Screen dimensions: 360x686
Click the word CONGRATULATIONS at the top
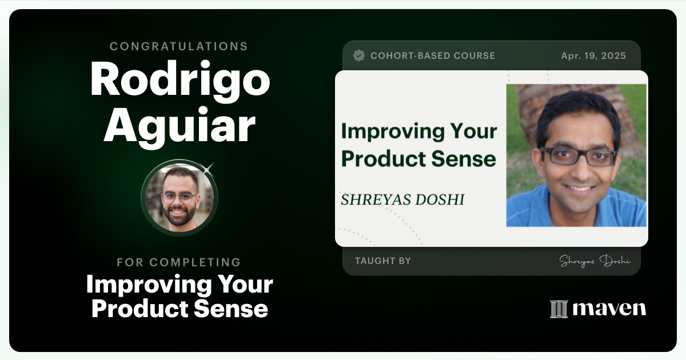[x=179, y=46]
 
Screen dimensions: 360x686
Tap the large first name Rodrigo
[x=180, y=79]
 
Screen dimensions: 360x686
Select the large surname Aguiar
[x=179, y=126]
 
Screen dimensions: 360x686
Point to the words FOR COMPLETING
[x=179, y=262]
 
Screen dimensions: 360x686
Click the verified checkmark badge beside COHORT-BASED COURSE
[x=359, y=55]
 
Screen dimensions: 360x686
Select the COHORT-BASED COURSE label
[x=432, y=56]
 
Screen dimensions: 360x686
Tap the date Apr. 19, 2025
[x=593, y=56]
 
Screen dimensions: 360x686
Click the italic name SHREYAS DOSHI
[x=402, y=199]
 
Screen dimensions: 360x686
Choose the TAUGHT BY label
[x=382, y=261]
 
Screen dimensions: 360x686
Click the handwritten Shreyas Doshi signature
[x=595, y=261]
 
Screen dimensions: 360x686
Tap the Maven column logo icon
[x=558, y=309]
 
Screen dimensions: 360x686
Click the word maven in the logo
[x=609, y=309]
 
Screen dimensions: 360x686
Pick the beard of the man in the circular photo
[x=179, y=216]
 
